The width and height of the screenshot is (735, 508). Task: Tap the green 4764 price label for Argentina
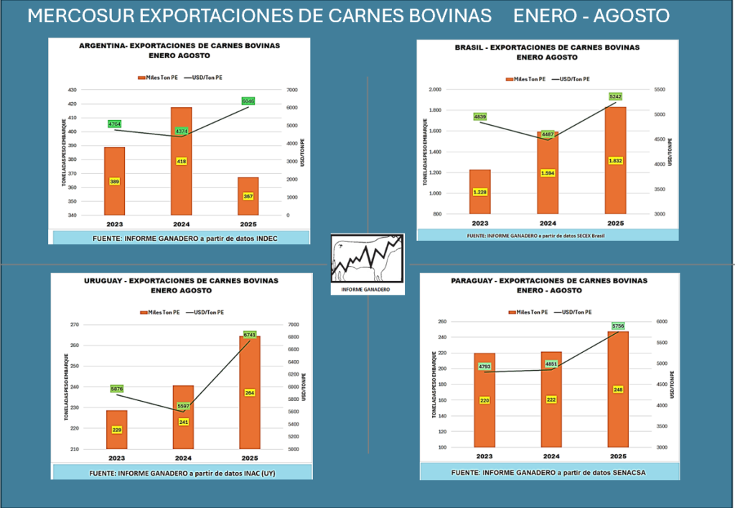tap(114, 124)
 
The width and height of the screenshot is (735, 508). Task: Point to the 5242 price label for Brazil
tap(615, 96)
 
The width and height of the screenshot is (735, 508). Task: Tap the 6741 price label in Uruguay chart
tap(250, 335)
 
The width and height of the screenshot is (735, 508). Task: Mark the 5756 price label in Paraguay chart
tap(618, 326)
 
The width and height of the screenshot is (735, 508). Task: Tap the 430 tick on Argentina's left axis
tap(71, 90)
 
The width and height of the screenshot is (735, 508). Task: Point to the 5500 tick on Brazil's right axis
tap(659, 90)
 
